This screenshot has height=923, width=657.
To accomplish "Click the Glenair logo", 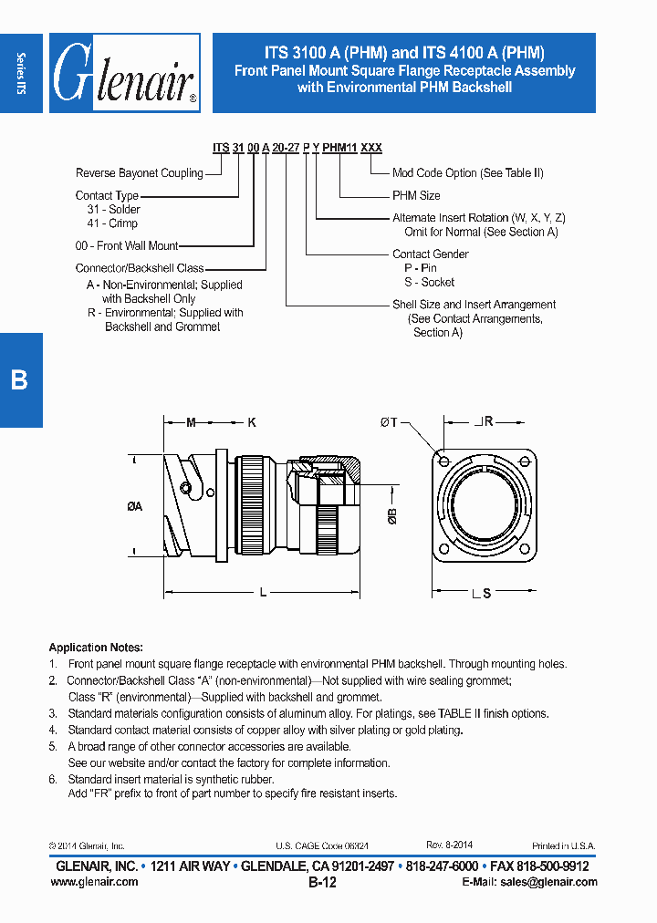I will point(124,73).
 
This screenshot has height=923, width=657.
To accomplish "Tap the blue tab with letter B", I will point(20,379).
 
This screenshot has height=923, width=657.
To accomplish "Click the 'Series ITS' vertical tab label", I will point(21,73).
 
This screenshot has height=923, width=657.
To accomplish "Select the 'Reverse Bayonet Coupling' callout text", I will point(139,173).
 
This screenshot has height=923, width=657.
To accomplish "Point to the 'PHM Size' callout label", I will point(416,195).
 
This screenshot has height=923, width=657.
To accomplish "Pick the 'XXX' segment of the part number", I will point(371,148).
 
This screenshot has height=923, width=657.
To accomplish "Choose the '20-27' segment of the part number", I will point(286,148).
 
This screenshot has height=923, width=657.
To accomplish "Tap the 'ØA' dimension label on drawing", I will point(134,507).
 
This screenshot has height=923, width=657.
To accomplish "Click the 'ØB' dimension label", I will point(392,517).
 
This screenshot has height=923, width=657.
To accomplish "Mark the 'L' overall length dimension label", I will point(263,593).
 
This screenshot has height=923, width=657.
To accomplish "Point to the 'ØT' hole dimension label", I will point(389,421).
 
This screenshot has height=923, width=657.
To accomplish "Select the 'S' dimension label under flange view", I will point(486,594).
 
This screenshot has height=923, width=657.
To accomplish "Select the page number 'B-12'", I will point(322,883).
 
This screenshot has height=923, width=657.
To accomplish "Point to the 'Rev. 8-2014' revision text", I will point(449,845).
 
